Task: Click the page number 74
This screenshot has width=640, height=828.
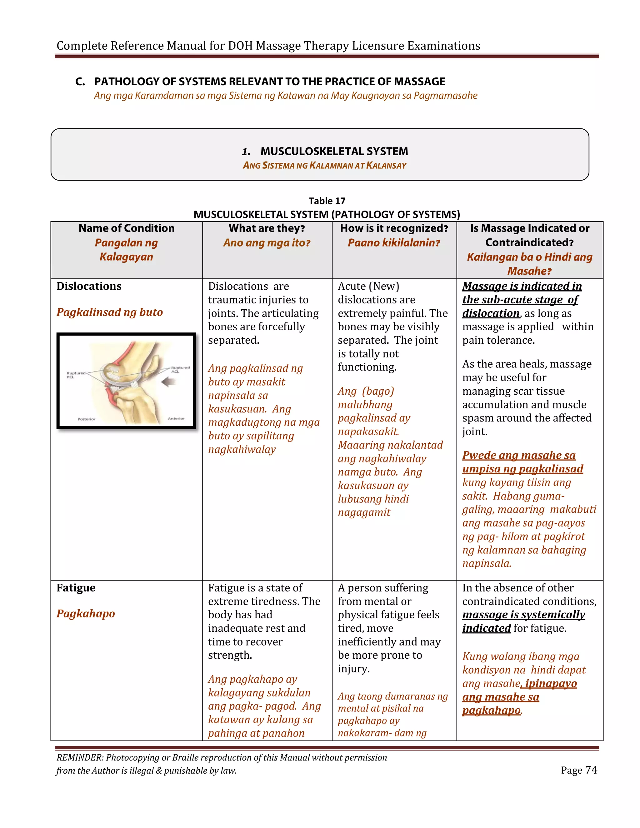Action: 591,770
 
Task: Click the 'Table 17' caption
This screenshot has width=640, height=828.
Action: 327,201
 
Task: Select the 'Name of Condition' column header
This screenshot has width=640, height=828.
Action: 127,228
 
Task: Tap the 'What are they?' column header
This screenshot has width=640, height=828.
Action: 267,228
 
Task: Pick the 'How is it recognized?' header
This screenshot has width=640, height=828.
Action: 394,228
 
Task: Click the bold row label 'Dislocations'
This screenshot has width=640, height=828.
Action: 89,286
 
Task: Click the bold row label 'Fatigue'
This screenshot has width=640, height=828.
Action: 76,588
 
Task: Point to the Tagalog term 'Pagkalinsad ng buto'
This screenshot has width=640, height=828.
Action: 110,312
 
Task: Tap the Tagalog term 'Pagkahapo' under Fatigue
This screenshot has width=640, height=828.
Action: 86,613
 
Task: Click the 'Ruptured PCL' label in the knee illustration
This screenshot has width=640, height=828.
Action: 76,375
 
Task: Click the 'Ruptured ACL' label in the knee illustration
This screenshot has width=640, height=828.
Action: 180,369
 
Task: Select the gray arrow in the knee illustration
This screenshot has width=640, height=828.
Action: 169,382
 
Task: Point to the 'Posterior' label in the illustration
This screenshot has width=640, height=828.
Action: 87,419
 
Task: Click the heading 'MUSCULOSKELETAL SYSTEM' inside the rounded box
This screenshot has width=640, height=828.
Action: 334,151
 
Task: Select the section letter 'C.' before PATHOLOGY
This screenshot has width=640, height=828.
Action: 80,82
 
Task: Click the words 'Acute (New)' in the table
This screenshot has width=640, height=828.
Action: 368,286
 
